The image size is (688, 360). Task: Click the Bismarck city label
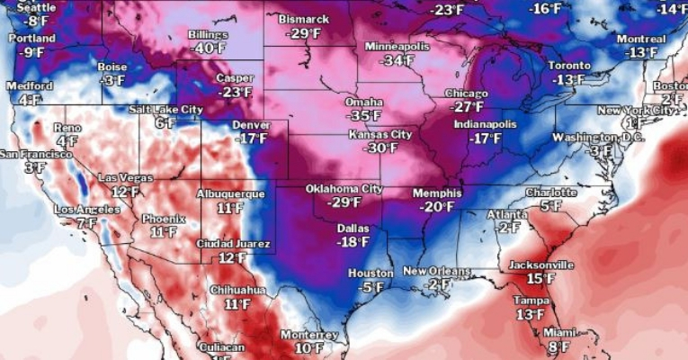(x=303, y=19)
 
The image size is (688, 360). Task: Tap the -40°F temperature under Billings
(x=209, y=49)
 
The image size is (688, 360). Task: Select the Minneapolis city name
(x=398, y=46)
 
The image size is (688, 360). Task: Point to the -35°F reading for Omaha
(x=364, y=116)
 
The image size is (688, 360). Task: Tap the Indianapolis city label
(x=487, y=124)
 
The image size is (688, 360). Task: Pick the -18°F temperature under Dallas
(x=352, y=241)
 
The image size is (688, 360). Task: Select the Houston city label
(x=370, y=273)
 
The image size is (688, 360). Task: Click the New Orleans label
(x=437, y=271)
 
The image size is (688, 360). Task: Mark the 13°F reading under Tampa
(x=530, y=314)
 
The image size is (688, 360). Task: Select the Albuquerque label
(x=230, y=193)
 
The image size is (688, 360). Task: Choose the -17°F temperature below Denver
(x=250, y=139)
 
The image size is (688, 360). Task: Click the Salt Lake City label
(x=165, y=109)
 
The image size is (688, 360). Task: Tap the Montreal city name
(x=640, y=39)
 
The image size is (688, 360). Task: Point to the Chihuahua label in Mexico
(x=237, y=290)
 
